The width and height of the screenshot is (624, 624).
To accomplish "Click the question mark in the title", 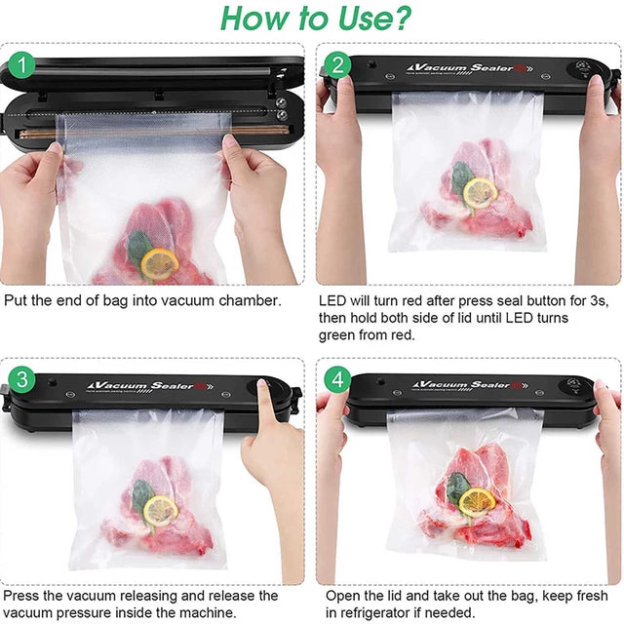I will [400, 18].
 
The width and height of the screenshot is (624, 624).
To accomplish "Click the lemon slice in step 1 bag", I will [160, 261].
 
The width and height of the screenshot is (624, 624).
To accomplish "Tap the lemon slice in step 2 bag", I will [479, 192].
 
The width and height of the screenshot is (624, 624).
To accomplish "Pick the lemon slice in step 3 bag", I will [160, 509].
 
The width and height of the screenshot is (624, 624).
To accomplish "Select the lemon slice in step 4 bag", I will [477, 501].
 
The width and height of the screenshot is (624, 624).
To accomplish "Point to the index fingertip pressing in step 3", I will [263, 384].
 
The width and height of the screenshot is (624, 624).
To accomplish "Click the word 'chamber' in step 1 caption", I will [249, 300].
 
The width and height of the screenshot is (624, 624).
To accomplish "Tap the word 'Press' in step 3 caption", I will [23, 595].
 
